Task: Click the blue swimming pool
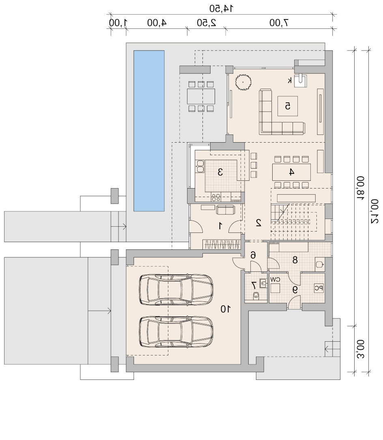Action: pos(149,131)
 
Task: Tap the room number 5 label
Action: pos(288,106)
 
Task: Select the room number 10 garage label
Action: pos(226,309)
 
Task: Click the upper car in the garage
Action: pos(176,290)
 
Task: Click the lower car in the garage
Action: pos(176,332)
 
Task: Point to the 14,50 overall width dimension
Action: pos(222,9)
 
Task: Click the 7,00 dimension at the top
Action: pos(279,23)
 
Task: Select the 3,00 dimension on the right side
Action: pos(361,349)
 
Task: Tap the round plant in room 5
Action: pos(243,82)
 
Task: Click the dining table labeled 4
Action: pos(291,172)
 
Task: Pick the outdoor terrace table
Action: pos(201,96)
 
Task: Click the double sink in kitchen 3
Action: pos(200,166)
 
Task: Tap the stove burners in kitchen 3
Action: pos(216,197)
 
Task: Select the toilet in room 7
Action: pos(256,295)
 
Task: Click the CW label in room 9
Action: pos(275,280)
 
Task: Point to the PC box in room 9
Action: pos(318,288)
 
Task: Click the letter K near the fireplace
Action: pos(290,81)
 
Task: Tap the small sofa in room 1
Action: pos(225,210)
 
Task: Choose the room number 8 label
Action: pos(295,260)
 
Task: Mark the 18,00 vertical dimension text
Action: pos(361,188)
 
